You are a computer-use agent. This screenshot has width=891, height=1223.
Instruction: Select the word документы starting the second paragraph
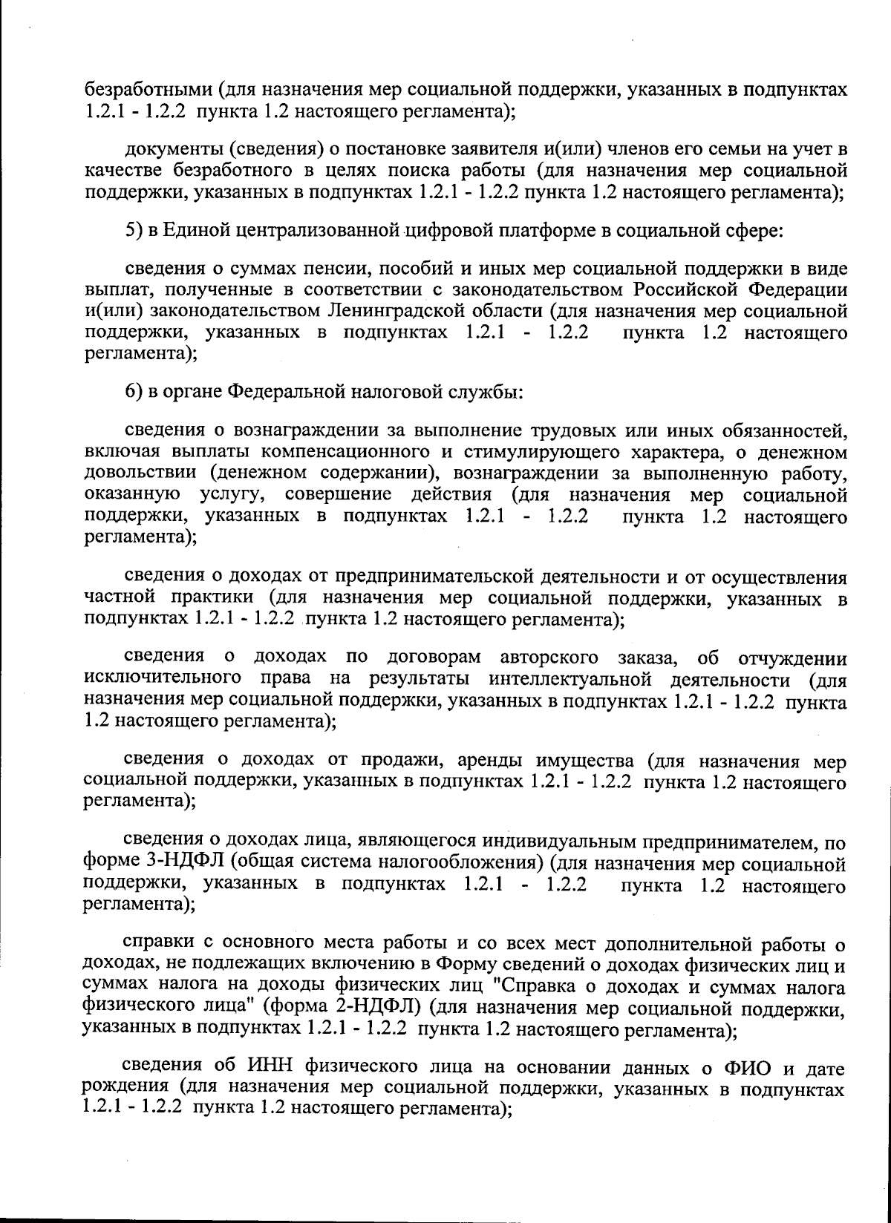(x=170, y=149)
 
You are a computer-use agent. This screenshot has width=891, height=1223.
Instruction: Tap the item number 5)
(x=133, y=231)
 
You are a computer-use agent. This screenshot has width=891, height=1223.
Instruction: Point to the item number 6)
(x=133, y=390)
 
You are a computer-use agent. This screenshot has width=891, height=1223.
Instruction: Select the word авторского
(x=549, y=658)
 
